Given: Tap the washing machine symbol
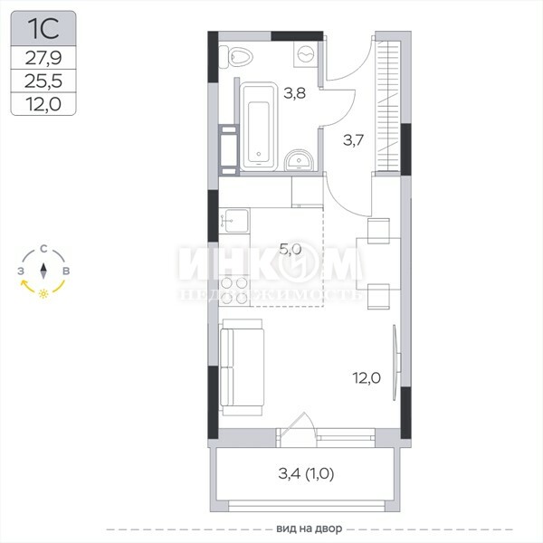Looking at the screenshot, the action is (306, 54).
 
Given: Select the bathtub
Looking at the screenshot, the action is (259, 127).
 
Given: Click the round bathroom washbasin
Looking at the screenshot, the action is (299, 160).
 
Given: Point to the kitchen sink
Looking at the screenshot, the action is (234, 221).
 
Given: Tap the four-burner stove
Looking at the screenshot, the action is (234, 291).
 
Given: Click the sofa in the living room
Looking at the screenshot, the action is (242, 367).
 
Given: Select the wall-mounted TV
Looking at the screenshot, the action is (396, 363).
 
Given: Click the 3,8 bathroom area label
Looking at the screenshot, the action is (294, 93).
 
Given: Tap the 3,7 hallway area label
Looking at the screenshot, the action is (353, 140).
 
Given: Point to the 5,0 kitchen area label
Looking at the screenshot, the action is (291, 249).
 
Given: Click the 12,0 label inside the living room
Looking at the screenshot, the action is (367, 377).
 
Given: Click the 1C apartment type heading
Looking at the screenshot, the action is (43, 28).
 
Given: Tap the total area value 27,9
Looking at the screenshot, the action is (43, 58).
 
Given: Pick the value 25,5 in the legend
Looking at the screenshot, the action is (43, 81).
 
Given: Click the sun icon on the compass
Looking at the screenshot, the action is (43, 293).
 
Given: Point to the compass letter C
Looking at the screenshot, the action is (43, 249).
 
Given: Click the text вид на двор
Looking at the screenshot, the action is (310, 529).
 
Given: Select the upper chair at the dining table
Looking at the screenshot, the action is (378, 231).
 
